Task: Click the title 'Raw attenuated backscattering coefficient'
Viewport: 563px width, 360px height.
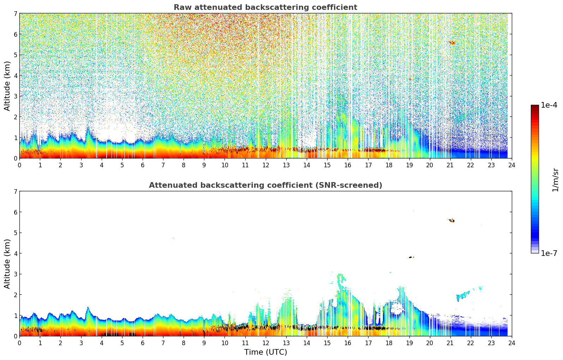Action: click(265, 7)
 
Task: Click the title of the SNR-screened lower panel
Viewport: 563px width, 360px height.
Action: click(265, 185)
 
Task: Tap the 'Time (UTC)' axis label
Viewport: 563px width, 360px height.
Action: click(265, 352)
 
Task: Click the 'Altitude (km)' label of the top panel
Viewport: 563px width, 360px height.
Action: click(7, 86)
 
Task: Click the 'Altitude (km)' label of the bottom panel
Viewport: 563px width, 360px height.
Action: click(7, 264)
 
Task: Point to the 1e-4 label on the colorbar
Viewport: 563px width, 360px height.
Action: click(549, 105)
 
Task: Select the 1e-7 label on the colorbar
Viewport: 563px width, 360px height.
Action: click(549, 253)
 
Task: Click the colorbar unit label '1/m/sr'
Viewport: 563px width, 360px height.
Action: click(555, 180)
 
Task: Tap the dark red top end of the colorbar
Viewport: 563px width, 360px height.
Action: click(535, 107)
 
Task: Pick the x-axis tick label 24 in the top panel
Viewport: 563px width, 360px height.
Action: click(511, 165)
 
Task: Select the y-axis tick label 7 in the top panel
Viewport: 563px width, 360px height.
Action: click(16, 14)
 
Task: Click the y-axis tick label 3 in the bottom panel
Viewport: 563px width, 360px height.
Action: click(16, 274)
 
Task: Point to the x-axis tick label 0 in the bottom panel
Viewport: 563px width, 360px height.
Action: click(19, 343)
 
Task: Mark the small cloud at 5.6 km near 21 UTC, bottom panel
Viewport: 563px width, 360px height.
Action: click(452, 221)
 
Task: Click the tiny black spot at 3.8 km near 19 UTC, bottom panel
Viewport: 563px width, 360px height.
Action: click(411, 257)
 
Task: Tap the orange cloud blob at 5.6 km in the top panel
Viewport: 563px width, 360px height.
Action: click(452, 43)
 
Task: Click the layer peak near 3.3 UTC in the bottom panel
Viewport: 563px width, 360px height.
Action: click(88, 308)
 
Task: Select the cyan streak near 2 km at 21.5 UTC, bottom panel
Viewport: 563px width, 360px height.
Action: click(463, 295)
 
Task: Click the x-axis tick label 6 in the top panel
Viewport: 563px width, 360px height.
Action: click(143, 165)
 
